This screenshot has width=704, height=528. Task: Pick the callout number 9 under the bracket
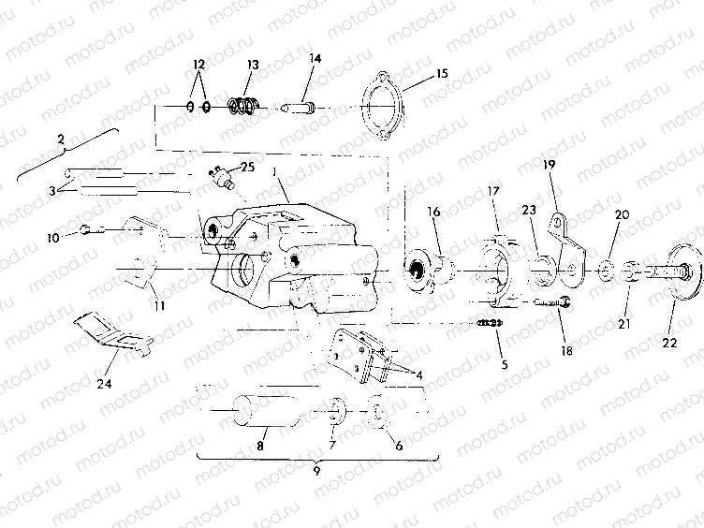(316, 472)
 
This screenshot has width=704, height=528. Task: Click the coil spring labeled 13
(243, 106)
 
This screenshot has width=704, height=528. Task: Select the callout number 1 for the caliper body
(273, 172)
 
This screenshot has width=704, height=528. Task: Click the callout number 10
(52, 238)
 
